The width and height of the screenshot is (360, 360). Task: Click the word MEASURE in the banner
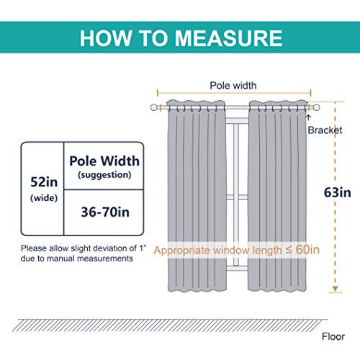click(x=228, y=38)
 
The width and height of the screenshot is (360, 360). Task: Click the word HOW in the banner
click(x=106, y=38)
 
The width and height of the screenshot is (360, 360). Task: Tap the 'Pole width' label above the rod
click(x=233, y=86)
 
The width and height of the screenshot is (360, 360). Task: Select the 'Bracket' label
click(x=325, y=130)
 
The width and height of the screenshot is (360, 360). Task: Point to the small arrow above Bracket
click(x=308, y=117)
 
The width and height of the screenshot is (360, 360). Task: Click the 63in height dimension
click(x=338, y=192)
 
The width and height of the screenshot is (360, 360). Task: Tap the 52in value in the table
click(x=44, y=182)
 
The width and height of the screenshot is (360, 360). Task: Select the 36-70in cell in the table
click(x=105, y=212)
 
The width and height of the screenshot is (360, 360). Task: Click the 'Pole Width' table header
click(x=104, y=161)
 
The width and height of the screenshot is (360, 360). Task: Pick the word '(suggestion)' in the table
click(x=104, y=175)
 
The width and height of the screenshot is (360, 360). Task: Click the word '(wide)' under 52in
click(x=44, y=198)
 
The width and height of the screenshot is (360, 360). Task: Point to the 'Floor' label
click(x=333, y=337)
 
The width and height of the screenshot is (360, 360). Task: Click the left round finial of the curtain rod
click(x=154, y=107)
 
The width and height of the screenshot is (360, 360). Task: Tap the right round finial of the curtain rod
click(x=316, y=107)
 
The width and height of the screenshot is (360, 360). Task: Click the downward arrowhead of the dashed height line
click(x=336, y=289)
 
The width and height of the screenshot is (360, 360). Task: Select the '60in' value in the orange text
click(x=307, y=250)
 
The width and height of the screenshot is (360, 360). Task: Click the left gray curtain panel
click(x=197, y=196)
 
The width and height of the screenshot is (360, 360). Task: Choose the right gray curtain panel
click(x=278, y=196)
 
